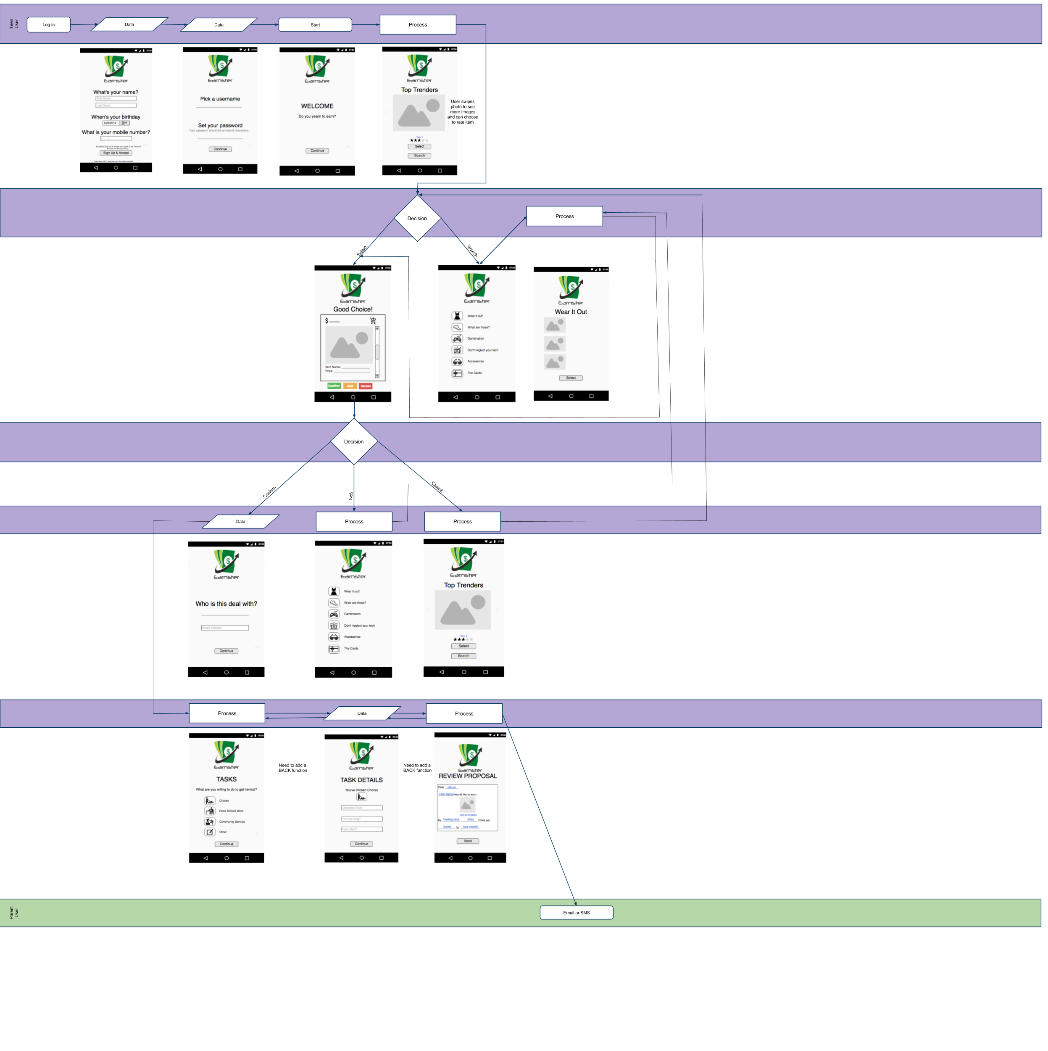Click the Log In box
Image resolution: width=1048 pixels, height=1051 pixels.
(48, 24)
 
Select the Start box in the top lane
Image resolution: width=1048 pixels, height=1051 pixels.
(315, 24)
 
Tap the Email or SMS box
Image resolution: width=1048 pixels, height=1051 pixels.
(576, 912)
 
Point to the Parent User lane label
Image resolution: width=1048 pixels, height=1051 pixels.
(13, 912)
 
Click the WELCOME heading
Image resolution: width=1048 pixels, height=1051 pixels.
(317, 106)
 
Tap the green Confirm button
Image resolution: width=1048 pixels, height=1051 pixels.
(334, 386)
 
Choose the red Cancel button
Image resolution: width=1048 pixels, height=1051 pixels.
(366, 386)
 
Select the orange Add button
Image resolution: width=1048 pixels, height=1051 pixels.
(350, 386)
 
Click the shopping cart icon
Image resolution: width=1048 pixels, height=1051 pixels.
(373, 321)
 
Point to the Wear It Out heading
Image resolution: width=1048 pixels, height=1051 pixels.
(571, 312)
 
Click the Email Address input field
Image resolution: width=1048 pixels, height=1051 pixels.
(225, 628)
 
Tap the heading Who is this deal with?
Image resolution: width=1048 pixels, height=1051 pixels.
(226, 604)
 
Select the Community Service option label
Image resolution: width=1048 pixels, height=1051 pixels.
(232, 821)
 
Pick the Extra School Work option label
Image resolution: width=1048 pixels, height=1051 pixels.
(231, 811)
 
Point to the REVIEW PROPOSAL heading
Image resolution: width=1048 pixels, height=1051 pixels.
(468, 776)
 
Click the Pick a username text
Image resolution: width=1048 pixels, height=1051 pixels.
(220, 99)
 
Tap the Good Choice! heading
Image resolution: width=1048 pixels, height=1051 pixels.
(353, 309)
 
